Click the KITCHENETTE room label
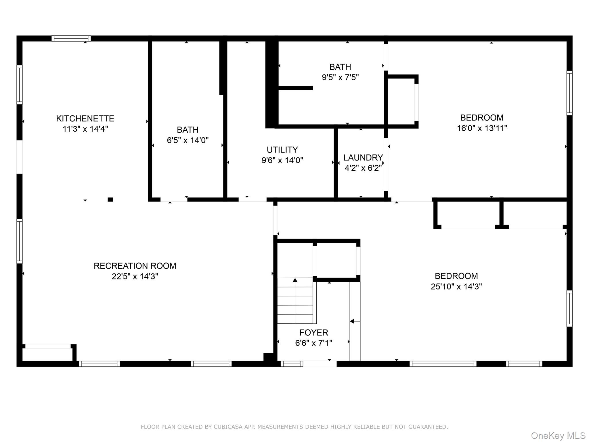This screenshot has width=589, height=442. pyautogui.click(x=85, y=118)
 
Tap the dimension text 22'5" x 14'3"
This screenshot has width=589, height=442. pyautogui.click(x=135, y=276)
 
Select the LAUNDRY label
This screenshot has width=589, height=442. pyautogui.click(x=363, y=157)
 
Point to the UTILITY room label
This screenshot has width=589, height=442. pyautogui.click(x=282, y=150)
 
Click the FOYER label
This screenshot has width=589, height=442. pyautogui.click(x=313, y=332)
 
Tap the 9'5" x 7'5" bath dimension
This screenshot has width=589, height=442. pyautogui.click(x=340, y=77)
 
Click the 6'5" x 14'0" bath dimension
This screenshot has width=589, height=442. pyautogui.click(x=188, y=140)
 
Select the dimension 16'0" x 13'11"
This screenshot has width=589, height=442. pyautogui.click(x=482, y=128)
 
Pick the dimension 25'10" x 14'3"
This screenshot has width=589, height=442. pyautogui.click(x=456, y=286)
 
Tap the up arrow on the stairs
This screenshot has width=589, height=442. pyautogui.click(x=295, y=280)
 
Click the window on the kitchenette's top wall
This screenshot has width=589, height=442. pyautogui.click(x=71, y=39)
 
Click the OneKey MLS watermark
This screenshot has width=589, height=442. pyautogui.click(x=558, y=435)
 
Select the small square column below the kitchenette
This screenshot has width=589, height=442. pyautogui.click(x=110, y=199)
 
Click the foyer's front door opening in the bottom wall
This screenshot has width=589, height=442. pyautogui.click(x=320, y=364)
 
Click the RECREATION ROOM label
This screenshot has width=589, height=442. pyautogui.click(x=135, y=266)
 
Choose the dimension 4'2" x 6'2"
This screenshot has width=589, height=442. pyautogui.click(x=363, y=168)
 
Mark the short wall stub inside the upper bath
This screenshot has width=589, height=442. pyautogui.click(x=296, y=88)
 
